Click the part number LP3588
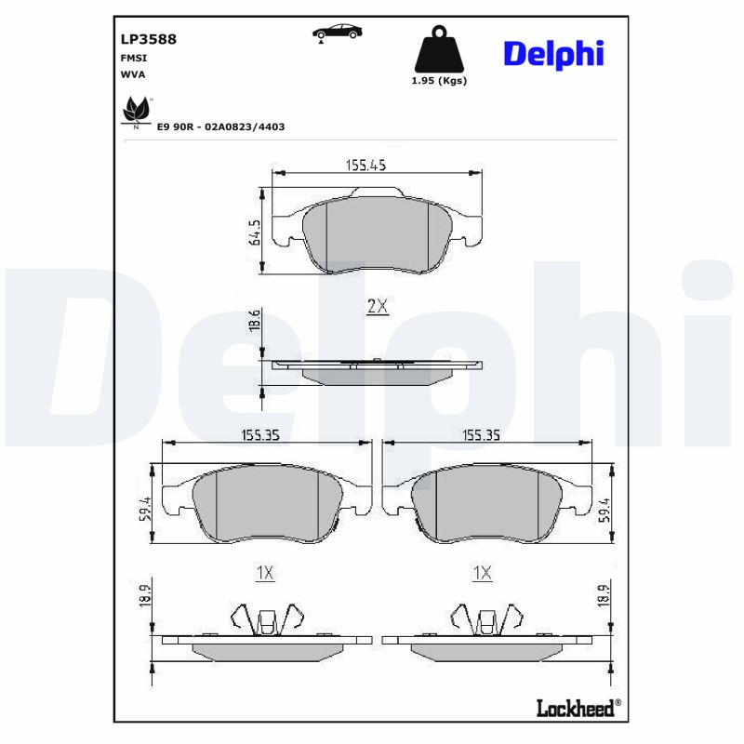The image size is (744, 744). click(149, 39)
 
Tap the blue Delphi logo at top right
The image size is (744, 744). click(553, 53)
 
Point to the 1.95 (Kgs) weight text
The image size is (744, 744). click(438, 81)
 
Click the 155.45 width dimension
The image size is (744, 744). click(365, 165)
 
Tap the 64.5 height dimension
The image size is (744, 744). click(253, 232)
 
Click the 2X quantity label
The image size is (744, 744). click(376, 306)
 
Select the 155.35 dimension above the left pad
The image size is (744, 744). click(260, 434)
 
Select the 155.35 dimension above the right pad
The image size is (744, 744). click(482, 434)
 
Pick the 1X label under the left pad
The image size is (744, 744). click(265, 573)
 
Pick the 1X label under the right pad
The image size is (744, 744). click(482, 573)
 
